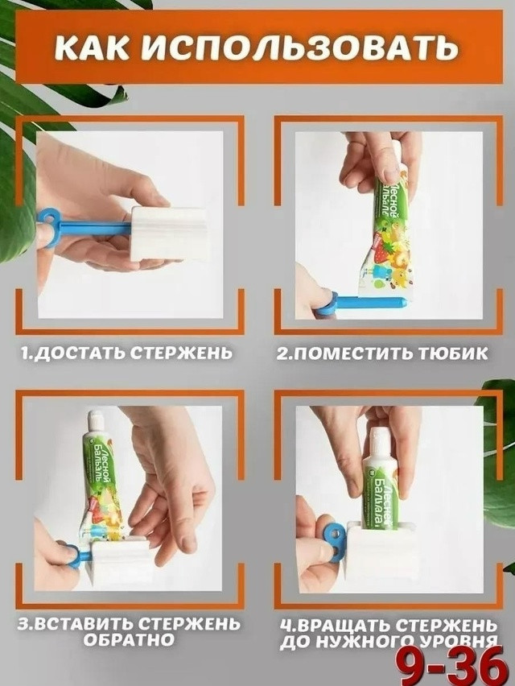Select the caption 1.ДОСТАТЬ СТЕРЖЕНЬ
point(127,353)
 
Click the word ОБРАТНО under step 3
point(128,640)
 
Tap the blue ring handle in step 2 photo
point(325,304)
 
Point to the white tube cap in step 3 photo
point(96,419)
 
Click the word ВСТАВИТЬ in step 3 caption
point(84,624)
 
